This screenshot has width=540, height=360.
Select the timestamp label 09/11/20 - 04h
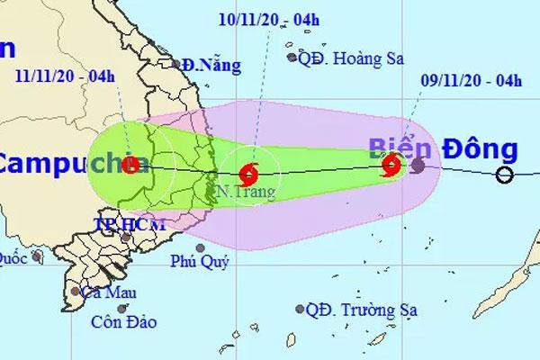(472, 81)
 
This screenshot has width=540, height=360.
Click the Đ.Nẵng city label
(205, 65)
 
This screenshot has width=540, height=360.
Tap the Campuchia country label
(63, 164)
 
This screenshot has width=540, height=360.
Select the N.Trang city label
(238, 192)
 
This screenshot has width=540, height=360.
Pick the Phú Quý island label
(200, 262)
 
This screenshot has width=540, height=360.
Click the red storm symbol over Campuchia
(131, 165)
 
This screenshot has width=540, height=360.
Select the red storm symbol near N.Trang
(250, 171)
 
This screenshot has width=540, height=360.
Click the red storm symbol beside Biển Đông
(391, 165)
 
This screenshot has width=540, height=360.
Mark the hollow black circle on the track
(506, 175)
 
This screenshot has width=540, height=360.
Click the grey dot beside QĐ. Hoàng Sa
(292, 57)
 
